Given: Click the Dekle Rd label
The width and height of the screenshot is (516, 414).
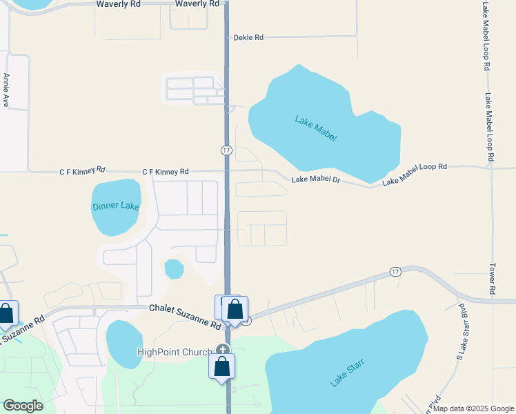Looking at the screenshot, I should [249, 38].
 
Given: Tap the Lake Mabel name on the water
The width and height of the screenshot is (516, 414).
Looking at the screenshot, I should [316, 129].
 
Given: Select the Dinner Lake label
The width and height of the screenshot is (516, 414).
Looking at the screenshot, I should [116, 206].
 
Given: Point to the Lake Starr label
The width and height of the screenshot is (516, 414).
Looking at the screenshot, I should [346, 373].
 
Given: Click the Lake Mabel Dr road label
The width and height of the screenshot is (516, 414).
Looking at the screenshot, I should [316, 179].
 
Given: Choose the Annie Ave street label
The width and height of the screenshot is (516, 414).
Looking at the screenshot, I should [6, 90].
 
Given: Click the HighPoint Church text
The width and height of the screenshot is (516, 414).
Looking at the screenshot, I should [176, 352].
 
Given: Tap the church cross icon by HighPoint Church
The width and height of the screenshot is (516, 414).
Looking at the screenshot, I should [222, 350].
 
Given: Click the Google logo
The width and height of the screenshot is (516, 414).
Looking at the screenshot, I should [23, 406].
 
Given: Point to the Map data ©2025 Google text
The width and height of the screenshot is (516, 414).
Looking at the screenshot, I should [473, 408].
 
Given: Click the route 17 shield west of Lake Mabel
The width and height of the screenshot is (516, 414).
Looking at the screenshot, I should [226, 150].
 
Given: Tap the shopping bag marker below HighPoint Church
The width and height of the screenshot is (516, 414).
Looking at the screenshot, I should [222, 366].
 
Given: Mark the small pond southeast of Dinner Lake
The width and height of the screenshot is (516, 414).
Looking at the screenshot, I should [174, 268].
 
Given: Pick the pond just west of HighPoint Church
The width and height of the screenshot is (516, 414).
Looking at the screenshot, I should [125, 343].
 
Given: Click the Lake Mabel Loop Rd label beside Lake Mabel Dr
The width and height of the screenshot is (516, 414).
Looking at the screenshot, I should [415, 174].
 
